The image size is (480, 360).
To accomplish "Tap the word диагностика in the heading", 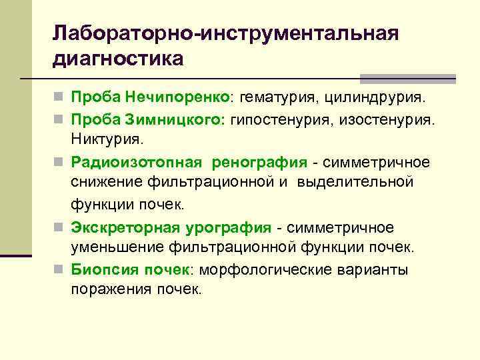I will (x=119, y=59).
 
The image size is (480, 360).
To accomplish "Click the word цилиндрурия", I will (x=374, y=99).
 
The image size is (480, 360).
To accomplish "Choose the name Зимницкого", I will (x=179, y=120).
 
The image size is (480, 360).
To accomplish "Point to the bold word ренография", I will (x=261, y=162).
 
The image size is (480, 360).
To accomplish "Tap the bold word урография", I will (x=223, y=227).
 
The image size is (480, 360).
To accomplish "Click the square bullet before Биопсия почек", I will (x=59, y=270).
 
